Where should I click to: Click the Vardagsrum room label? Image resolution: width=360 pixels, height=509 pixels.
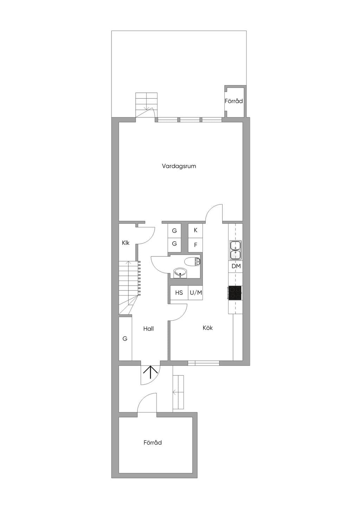(179, 166)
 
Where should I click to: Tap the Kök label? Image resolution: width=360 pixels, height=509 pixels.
(208, 328)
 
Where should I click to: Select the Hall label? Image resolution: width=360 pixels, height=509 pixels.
(148, 328)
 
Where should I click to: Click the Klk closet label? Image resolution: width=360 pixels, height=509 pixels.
(126, 243)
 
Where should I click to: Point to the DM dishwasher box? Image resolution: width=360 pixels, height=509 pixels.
(236, 266)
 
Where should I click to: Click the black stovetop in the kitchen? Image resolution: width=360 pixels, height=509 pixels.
(235, 293)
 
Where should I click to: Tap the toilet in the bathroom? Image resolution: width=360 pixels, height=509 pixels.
(192, 262)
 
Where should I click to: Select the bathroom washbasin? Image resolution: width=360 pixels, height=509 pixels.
(180, 273)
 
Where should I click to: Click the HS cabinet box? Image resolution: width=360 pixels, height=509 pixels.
(179, 293)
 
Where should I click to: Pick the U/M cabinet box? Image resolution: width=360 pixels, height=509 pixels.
(195, 293)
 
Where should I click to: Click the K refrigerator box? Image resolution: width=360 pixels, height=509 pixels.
(195, 230)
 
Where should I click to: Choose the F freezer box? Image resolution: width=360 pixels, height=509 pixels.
(195, 245)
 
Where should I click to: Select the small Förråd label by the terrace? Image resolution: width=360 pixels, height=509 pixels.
(234, 101)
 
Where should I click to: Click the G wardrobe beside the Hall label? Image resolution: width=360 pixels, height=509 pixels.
(125, 338)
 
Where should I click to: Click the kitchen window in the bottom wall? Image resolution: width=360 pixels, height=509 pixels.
(204, 363)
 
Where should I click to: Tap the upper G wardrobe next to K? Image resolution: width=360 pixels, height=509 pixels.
(174, 231)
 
